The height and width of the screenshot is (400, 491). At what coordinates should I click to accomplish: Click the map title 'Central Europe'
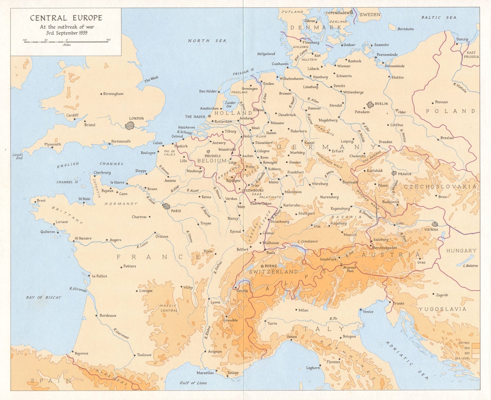point(66,18)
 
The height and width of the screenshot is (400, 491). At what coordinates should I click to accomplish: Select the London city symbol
point(130,125)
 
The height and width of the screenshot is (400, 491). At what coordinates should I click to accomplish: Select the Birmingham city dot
point(101,94)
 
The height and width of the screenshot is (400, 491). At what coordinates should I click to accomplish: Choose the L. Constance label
point(307,241)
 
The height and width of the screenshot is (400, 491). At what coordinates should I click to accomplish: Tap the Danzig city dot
point(457,44)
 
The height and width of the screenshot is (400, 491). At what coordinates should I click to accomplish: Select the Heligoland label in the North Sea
point(266,54)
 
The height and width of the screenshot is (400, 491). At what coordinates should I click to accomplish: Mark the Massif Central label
point(168,308)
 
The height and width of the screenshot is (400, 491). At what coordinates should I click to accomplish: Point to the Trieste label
point(399,303)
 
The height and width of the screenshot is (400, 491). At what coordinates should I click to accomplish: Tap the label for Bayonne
point(81,353)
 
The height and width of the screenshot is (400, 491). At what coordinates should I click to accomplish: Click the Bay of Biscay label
point(44,297)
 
